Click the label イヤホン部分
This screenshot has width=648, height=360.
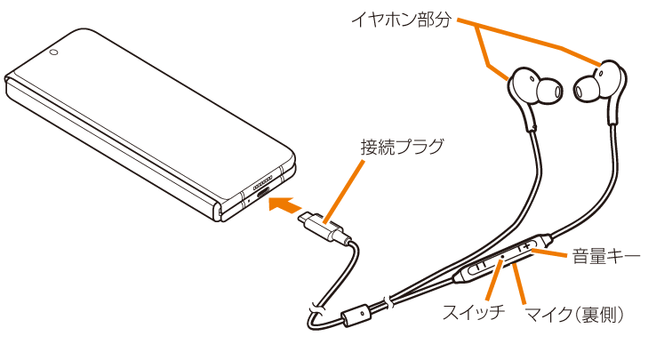tap(401, 20)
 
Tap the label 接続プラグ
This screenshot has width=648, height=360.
tap(402, 148)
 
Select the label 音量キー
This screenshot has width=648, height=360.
tap(606, 256)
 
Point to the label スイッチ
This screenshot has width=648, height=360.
tap(474, 312)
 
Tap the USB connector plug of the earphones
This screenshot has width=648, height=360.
tap(325, 228)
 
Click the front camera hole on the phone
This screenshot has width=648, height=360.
tap(53, 52)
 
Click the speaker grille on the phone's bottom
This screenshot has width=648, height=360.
tap(262, 180)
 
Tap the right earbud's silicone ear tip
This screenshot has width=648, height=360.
tap(586, 89)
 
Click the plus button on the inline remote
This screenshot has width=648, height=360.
tap(526, 247)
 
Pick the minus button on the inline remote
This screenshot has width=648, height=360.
tap(478, 266)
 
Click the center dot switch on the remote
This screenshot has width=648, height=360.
tap(502, 257)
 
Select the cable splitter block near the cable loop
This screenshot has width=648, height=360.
tap(356, 315)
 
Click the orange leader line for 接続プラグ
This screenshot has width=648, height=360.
tap(344, 192)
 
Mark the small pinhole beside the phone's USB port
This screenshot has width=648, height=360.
tap(249, 201)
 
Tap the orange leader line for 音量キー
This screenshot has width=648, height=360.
tap(549, 253)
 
